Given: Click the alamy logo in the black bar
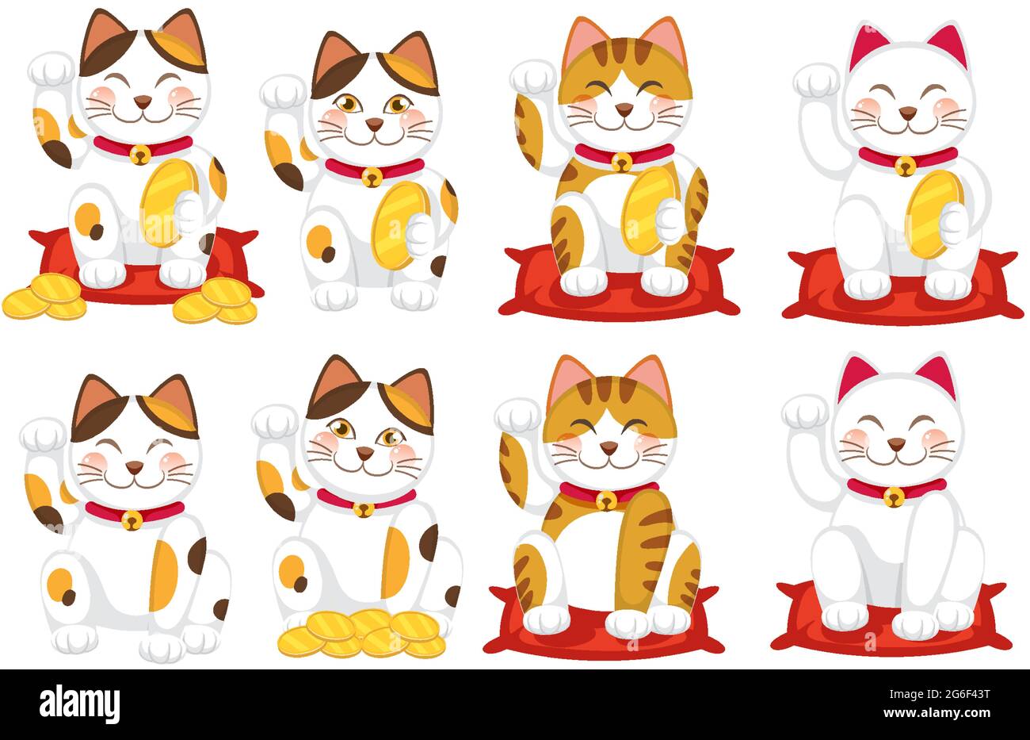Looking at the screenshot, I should click(79, 704).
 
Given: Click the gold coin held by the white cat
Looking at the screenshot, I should click(933, 214).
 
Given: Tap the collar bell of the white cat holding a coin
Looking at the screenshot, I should click(904, 166).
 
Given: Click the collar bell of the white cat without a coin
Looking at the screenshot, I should click(893, 497).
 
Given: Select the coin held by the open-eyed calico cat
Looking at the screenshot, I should click(396, 225).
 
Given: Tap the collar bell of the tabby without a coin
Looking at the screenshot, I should click(606, 500).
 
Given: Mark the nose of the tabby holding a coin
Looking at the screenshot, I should click(624, 109).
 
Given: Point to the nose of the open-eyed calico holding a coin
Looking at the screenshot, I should click(373, 123).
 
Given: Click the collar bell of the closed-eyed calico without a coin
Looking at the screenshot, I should click(132, 520).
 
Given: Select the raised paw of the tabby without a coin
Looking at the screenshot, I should click(517, 415).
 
